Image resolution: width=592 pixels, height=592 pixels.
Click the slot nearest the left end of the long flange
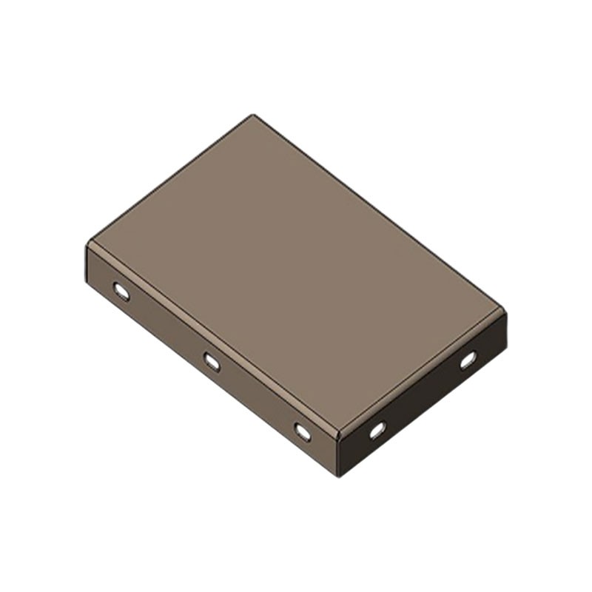point(121,291)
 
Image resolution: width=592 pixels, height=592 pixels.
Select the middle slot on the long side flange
point(212,361)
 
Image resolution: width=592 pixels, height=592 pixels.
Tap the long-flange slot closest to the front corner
point(303,431)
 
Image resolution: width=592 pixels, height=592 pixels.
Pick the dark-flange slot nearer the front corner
point(377,429)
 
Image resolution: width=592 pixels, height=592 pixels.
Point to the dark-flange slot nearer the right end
point(468,360)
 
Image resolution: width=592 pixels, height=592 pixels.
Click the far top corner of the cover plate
point(253,115)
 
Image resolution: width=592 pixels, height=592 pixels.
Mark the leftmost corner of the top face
point(89,242)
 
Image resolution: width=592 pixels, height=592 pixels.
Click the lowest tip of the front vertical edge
point(340,476)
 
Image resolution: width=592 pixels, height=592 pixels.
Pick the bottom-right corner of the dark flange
point(506,349)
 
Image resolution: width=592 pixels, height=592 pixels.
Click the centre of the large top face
point(296,274)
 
